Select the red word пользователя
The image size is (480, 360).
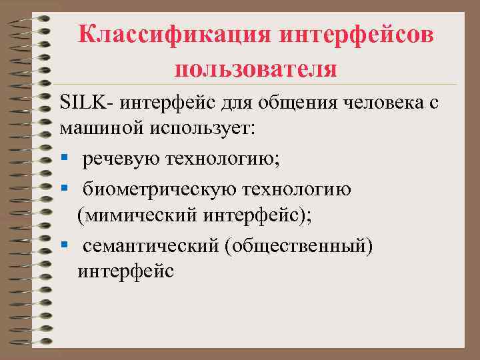pos(256,68)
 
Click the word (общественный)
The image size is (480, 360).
pos(299,246)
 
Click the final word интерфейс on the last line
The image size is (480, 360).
pos(125,271)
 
